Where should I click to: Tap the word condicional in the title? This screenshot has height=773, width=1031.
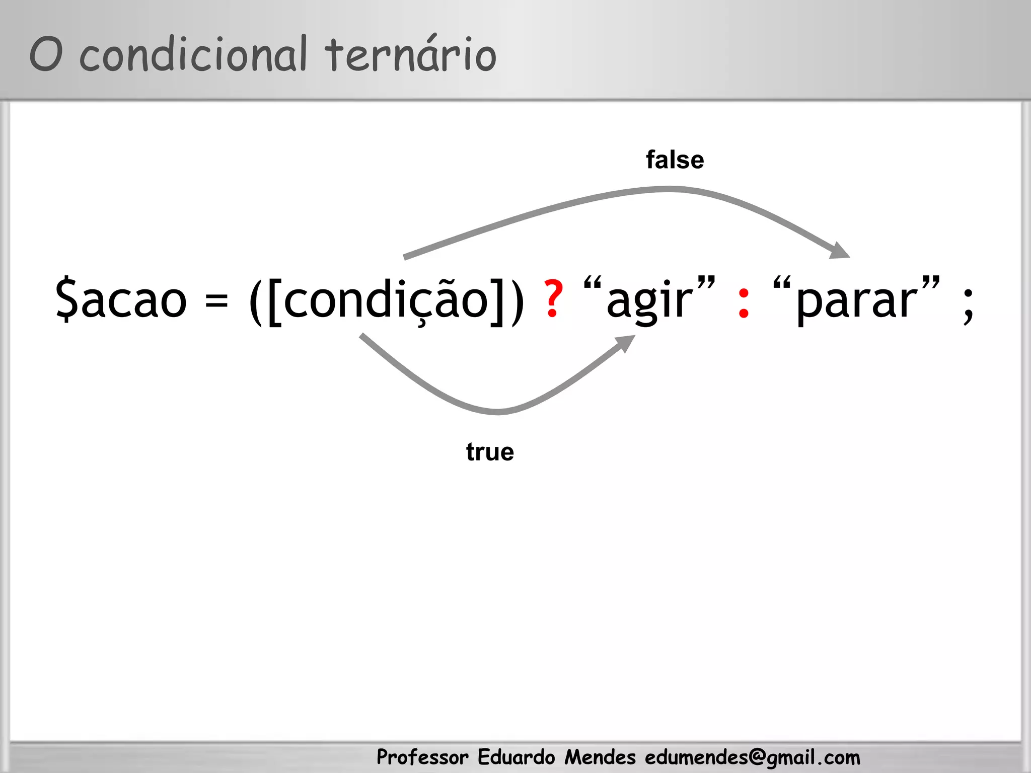[193, 54]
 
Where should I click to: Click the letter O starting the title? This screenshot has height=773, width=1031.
[46, 54]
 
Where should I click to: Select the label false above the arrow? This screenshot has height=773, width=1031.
[675, 160]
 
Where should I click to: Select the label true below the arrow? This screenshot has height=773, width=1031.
[490, 452]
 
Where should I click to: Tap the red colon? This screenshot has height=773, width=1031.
[743, 304]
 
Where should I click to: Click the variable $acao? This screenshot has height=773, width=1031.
[121, 300]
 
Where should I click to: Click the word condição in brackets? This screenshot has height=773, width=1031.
[388, 300]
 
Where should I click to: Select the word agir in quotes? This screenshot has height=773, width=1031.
[649, 301]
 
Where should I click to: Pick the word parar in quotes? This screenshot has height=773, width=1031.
[856, 301]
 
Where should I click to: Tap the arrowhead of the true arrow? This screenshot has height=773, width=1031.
[626, 343]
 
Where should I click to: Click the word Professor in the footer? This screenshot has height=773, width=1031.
[422, 757]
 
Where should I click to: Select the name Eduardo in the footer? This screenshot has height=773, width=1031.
[516, 757]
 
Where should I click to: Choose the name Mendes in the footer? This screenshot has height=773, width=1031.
[600, 757]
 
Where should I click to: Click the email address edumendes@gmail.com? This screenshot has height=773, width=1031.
[753, 757]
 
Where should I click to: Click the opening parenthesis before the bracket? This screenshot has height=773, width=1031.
[256, 301]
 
